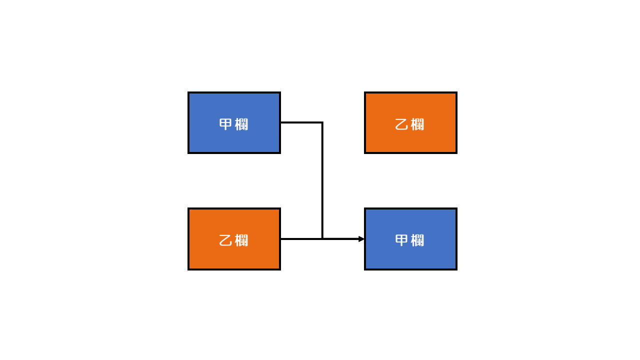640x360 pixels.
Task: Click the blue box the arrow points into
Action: click(410, 239)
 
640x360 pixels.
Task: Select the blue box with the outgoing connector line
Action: click(234, 123)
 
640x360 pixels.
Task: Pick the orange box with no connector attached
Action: click(410, 123)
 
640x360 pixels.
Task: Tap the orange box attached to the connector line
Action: click(234, 239)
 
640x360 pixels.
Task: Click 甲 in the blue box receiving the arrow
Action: click(401, 240)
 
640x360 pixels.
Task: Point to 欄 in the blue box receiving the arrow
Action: click(417, 240)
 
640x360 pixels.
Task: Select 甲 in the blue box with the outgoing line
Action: click(225, 124)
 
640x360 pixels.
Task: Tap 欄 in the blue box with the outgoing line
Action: click(241, 124)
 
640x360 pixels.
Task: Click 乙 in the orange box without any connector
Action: click(401, 124)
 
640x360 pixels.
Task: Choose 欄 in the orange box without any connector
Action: click(417, 124)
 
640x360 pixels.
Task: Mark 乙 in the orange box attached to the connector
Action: click(225, 240)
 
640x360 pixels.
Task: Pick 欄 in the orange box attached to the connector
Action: click(241, 240)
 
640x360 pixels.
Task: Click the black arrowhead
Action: click(361, 239)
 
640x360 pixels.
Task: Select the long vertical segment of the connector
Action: click(322, 180)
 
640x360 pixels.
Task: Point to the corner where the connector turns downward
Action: click(322, 123)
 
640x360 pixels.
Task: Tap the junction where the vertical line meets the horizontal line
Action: click(322, 238)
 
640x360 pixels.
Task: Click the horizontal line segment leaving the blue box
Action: click(301, 123)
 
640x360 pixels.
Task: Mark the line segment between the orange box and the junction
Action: click(301, 239)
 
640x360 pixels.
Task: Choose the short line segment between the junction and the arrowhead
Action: click(340, 238)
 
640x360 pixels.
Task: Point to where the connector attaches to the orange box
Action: click(281, 239)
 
